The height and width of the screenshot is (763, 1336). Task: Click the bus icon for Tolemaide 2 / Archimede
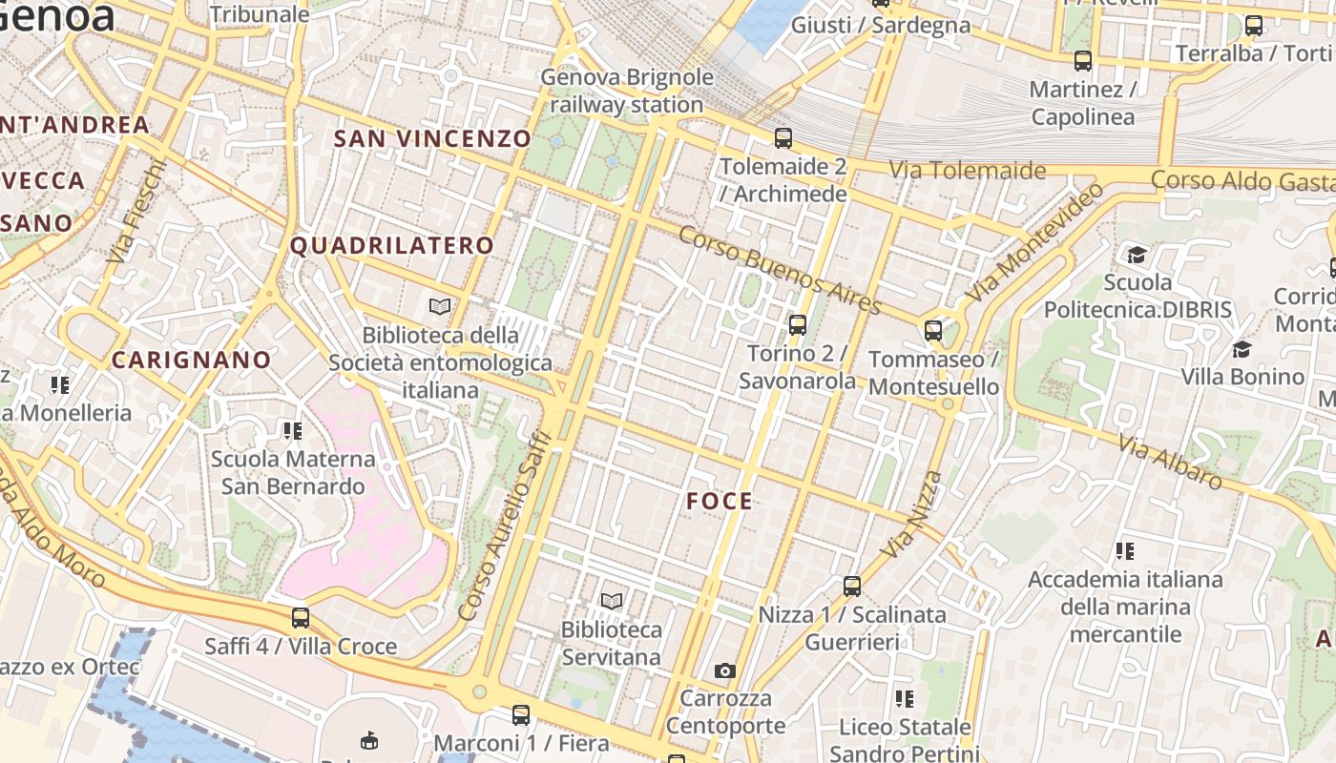(x=783, y=138)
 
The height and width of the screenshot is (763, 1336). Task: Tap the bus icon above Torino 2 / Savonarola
(x=798, y=325)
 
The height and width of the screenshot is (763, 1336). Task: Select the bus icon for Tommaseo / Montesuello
(x=933, y=331)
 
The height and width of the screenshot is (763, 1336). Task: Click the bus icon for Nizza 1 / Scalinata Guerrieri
(x=852, y=587)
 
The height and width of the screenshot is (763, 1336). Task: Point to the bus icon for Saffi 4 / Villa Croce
(x=301, y=618)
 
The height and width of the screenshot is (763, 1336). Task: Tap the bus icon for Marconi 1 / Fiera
(x=521, y=714)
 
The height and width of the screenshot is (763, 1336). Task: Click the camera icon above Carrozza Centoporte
(x=725, y=671)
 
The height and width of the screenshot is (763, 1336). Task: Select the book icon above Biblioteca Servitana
(x=612, y=602)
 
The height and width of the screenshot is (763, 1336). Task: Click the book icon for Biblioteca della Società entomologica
(x=440, y=307)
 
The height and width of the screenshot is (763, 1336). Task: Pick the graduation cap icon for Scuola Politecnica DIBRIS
(x=1137, y=255)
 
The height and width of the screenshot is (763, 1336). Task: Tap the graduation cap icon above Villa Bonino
(x=1242, y=349)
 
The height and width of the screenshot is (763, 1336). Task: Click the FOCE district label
(x=720, y=502)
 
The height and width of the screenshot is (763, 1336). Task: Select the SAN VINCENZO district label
(x=431, y=138)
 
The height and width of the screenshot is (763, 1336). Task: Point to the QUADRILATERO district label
(x=392, y=246)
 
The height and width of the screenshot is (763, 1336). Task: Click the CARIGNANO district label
(x=192, y=361)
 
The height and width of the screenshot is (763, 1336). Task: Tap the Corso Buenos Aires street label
(x=781, y=271)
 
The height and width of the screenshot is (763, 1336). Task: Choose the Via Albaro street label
(x=1171, y=463)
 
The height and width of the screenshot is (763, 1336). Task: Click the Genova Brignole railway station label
(x=627, y=91)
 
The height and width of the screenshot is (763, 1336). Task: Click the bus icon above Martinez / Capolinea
(x=1083, y=62)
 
